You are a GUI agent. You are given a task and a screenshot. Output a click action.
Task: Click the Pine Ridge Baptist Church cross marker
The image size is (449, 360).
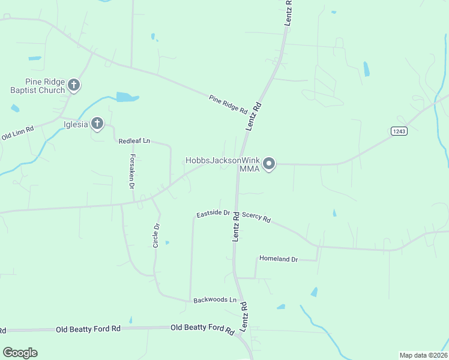[74, 85]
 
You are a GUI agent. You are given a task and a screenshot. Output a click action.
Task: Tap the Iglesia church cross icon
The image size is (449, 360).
[97, 124]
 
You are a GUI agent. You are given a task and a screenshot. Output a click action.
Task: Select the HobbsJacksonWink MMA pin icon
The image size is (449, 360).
[270, 163]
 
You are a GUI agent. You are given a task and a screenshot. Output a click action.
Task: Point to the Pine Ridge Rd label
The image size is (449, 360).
[228, 104]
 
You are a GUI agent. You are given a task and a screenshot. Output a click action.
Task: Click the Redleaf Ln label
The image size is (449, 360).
[134, 141]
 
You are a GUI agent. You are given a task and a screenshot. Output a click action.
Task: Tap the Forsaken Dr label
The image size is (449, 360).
[131, 172]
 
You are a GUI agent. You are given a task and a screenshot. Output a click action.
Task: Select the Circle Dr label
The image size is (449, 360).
[156, 235]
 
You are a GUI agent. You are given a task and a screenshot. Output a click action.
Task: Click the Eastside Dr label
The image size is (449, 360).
[213, 213]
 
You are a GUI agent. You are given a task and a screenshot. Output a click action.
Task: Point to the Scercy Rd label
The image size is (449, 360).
[256, 217]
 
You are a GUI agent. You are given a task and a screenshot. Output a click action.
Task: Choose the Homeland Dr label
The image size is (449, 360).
[278, 259]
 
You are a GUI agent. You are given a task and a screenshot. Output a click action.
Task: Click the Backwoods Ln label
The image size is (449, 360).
[215, 299]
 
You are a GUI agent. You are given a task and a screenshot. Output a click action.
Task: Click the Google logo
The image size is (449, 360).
[20, 353]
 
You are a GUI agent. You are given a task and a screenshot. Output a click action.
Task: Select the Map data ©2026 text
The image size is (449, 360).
[423, 355]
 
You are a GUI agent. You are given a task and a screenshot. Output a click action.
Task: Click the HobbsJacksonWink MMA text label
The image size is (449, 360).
[222, 164]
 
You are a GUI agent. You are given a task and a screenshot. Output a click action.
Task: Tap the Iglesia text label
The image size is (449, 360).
[76, 125]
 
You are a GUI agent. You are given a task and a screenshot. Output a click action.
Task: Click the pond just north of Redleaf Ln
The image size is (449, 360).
[127, 97]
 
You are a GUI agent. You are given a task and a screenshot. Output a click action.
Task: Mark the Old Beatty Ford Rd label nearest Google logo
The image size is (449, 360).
[88, 329]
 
